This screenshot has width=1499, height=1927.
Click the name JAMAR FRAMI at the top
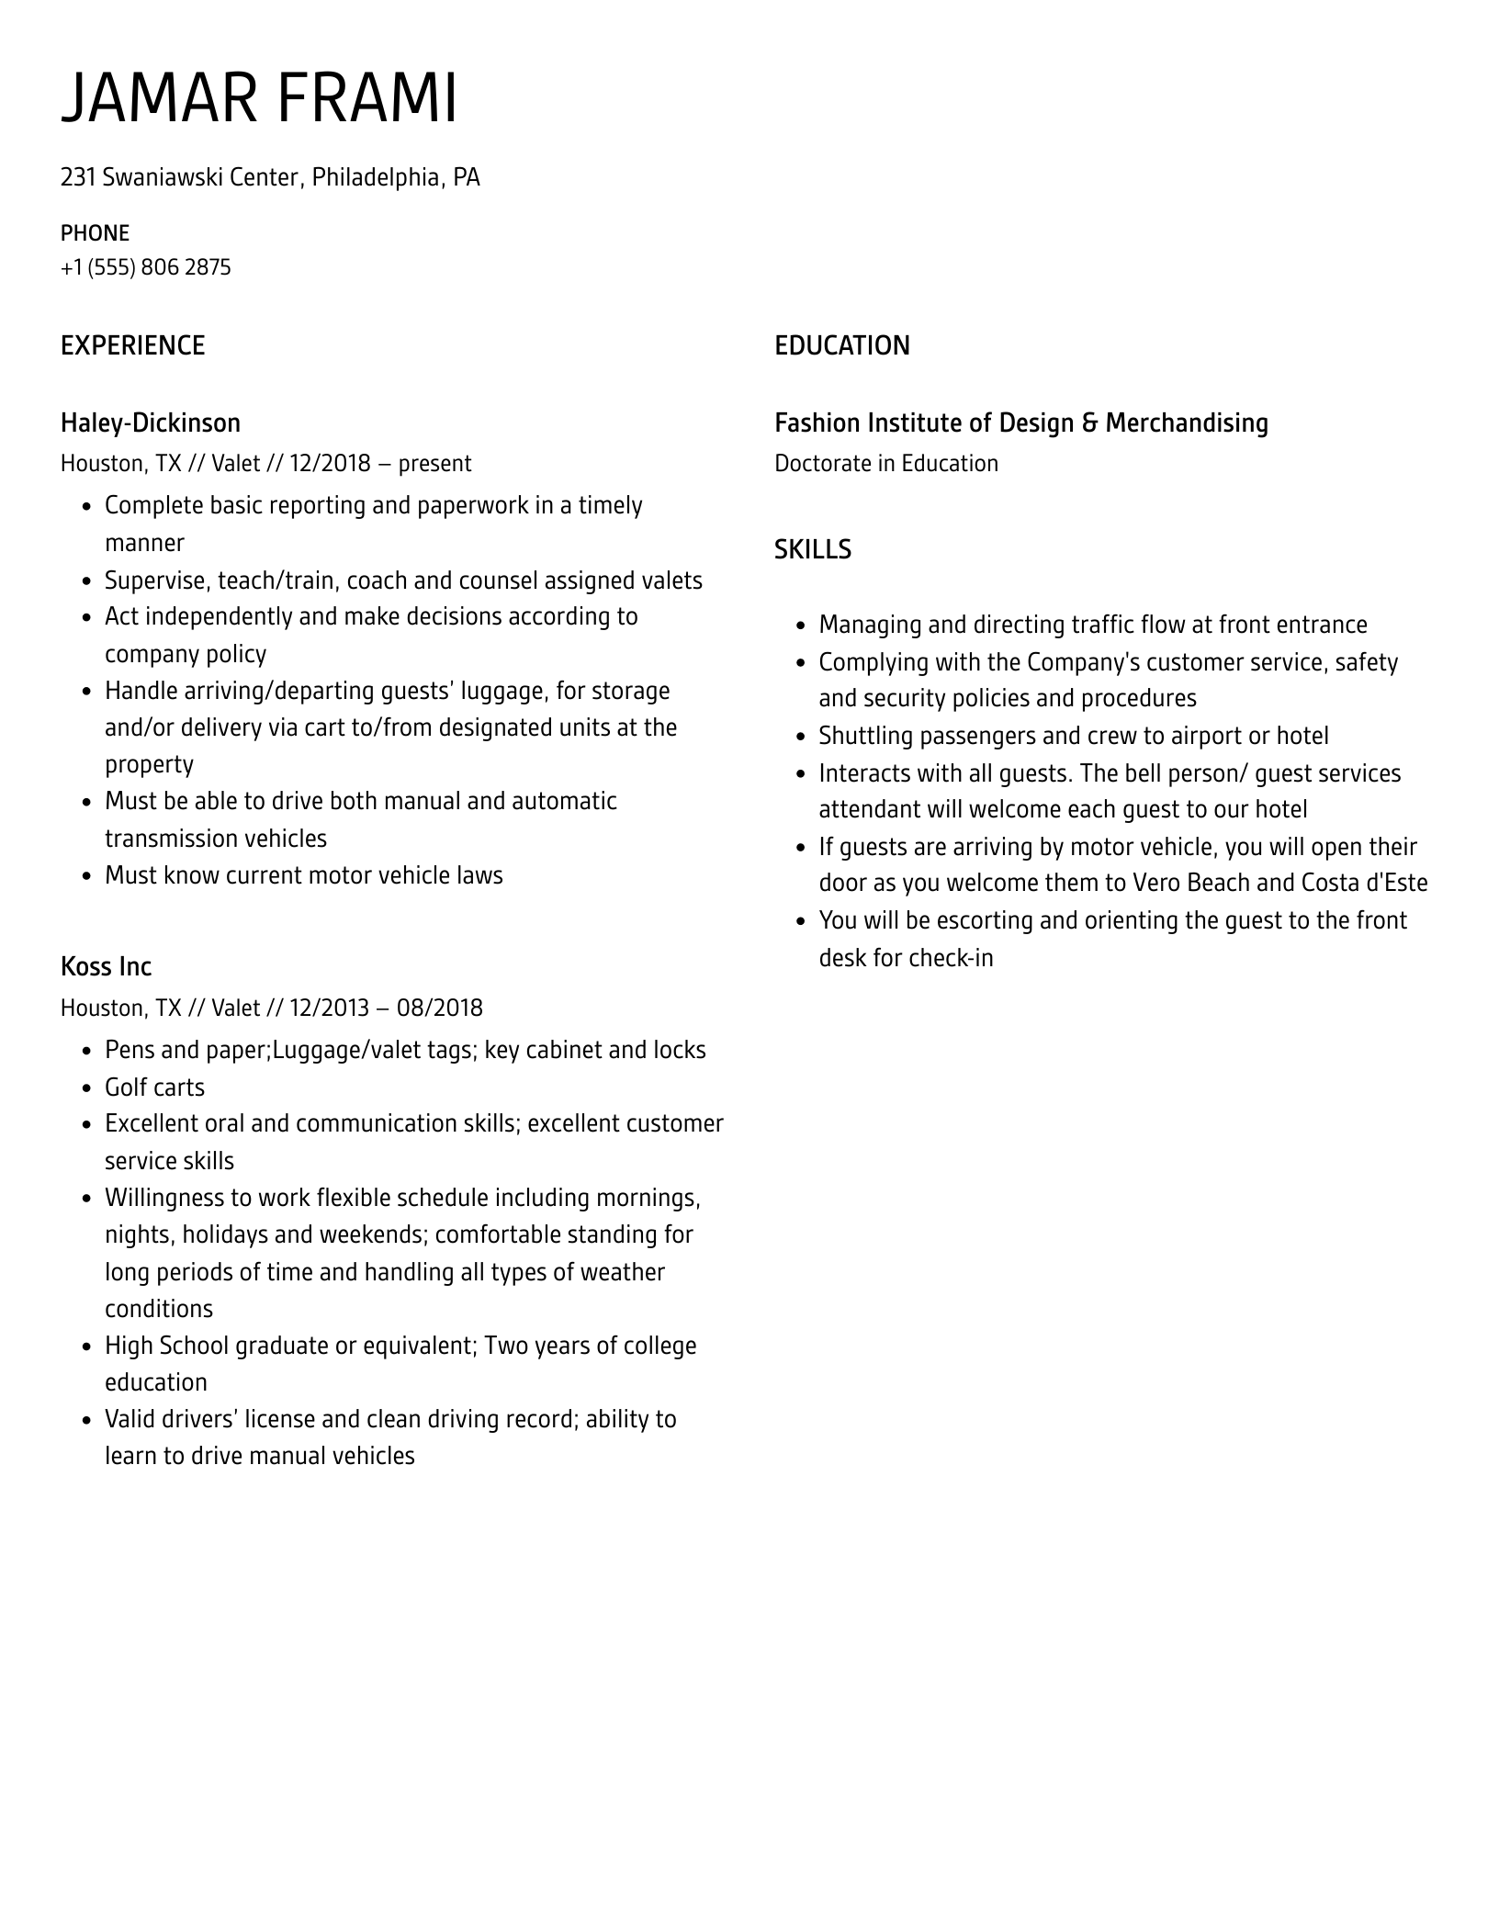[x=259, y=98]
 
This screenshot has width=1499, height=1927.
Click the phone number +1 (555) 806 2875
[x=145, y=267]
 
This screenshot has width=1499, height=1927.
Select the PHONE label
[x=95, y=232]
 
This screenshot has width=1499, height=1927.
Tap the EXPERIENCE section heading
[x=132, y=345]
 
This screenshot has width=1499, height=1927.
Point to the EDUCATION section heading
[x=841, y=345]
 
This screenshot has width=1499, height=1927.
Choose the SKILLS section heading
[x=812, y=549]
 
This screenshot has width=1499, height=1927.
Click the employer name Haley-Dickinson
[x=150, y=423]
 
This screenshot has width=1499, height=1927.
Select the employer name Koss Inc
[x=106, y=966]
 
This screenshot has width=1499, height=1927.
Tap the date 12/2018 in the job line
[x=329, y=463]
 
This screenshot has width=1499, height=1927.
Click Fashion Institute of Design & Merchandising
[x=1020, y=423]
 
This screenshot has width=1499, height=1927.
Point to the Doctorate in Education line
[x=885, y=463]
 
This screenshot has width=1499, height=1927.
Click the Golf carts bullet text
[x=154, y=1087]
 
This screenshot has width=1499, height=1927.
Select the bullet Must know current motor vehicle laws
[x=303, y=875]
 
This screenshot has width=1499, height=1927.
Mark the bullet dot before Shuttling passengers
[x=800, y=737]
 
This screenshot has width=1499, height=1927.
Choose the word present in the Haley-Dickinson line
[x=434, y=463]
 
